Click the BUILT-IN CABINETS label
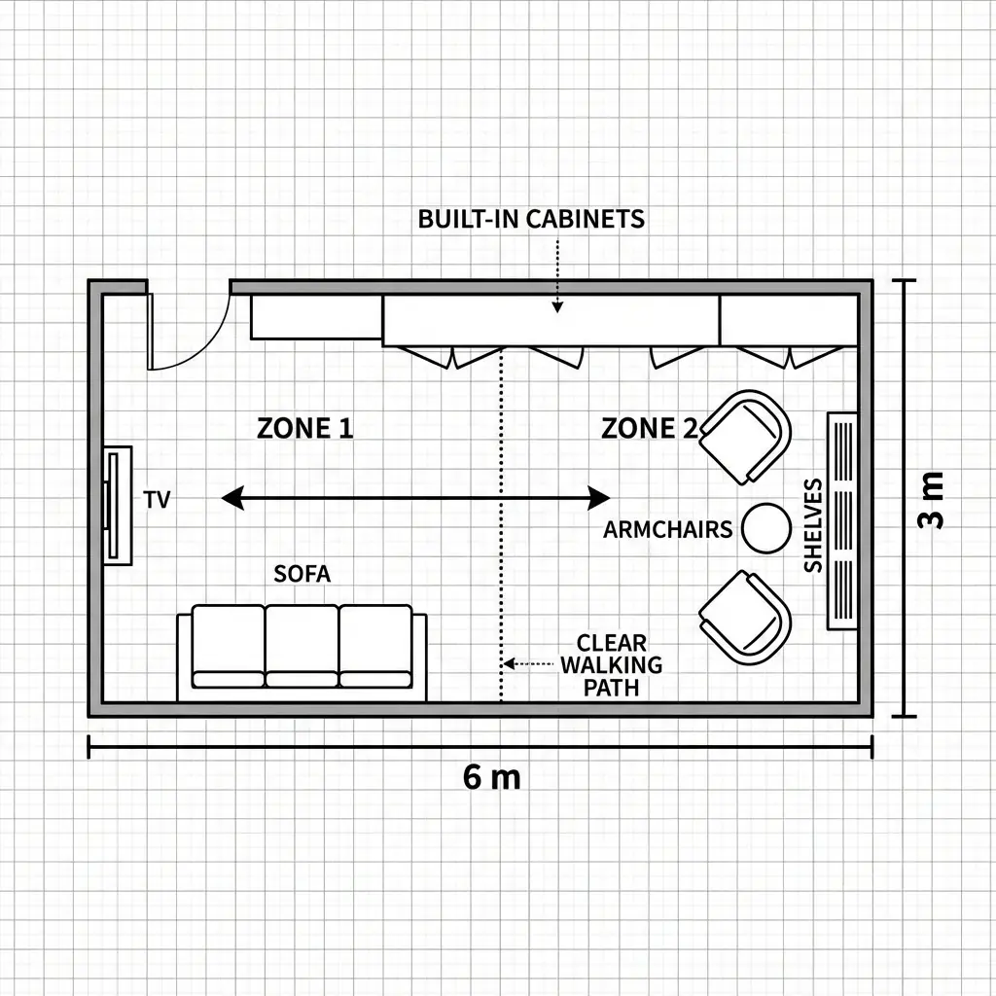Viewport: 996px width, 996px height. pos(531,219)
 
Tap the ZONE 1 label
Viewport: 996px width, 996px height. pos(304,428)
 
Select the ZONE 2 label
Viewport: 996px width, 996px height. pos(649,428)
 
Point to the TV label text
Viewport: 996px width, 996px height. pos(157,499)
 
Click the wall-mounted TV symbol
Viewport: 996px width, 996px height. pos(118,506)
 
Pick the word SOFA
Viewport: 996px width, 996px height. pos(302,574)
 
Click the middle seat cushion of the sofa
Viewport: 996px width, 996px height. pos(302,646)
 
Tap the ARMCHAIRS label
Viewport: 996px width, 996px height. pos(667,529)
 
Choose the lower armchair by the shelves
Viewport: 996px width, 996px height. pos(745,618)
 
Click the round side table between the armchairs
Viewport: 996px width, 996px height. pos(766,528)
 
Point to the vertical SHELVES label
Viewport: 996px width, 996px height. pos(813,525)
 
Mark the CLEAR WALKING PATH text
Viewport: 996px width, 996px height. pos(611,665)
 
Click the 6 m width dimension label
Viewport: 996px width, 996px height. pos(491,777)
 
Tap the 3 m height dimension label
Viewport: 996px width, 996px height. pos(931,501)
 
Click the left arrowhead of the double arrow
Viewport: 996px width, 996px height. pos(231,498)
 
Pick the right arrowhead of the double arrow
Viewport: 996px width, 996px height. pos(599,498)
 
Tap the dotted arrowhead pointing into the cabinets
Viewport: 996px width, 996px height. pos(557,307)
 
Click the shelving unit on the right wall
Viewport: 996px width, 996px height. pos(842,521)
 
